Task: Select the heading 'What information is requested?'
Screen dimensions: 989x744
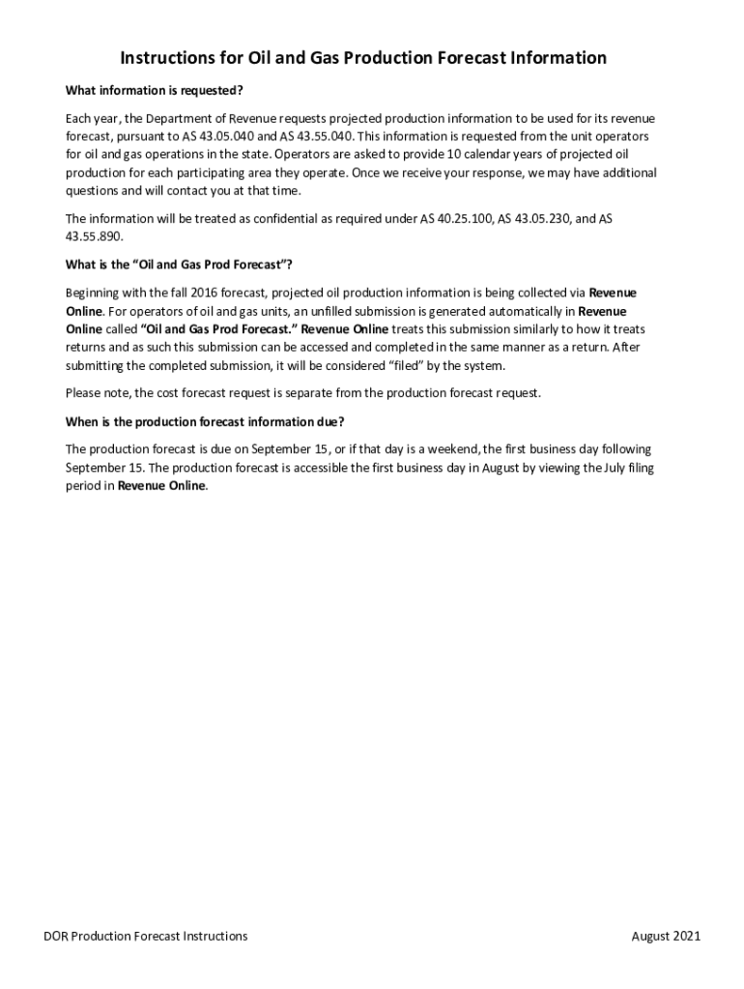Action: coord(154,91)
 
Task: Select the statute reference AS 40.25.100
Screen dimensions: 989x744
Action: coord(456,218)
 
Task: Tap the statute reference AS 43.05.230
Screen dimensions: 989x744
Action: coord(534,218)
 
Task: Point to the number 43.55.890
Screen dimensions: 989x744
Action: coord(94,237)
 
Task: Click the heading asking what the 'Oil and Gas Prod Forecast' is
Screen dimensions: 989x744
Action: coord(179,265)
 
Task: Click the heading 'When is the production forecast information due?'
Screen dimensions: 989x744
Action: coord(205,421)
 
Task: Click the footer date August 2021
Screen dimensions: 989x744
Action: coord(666,936)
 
